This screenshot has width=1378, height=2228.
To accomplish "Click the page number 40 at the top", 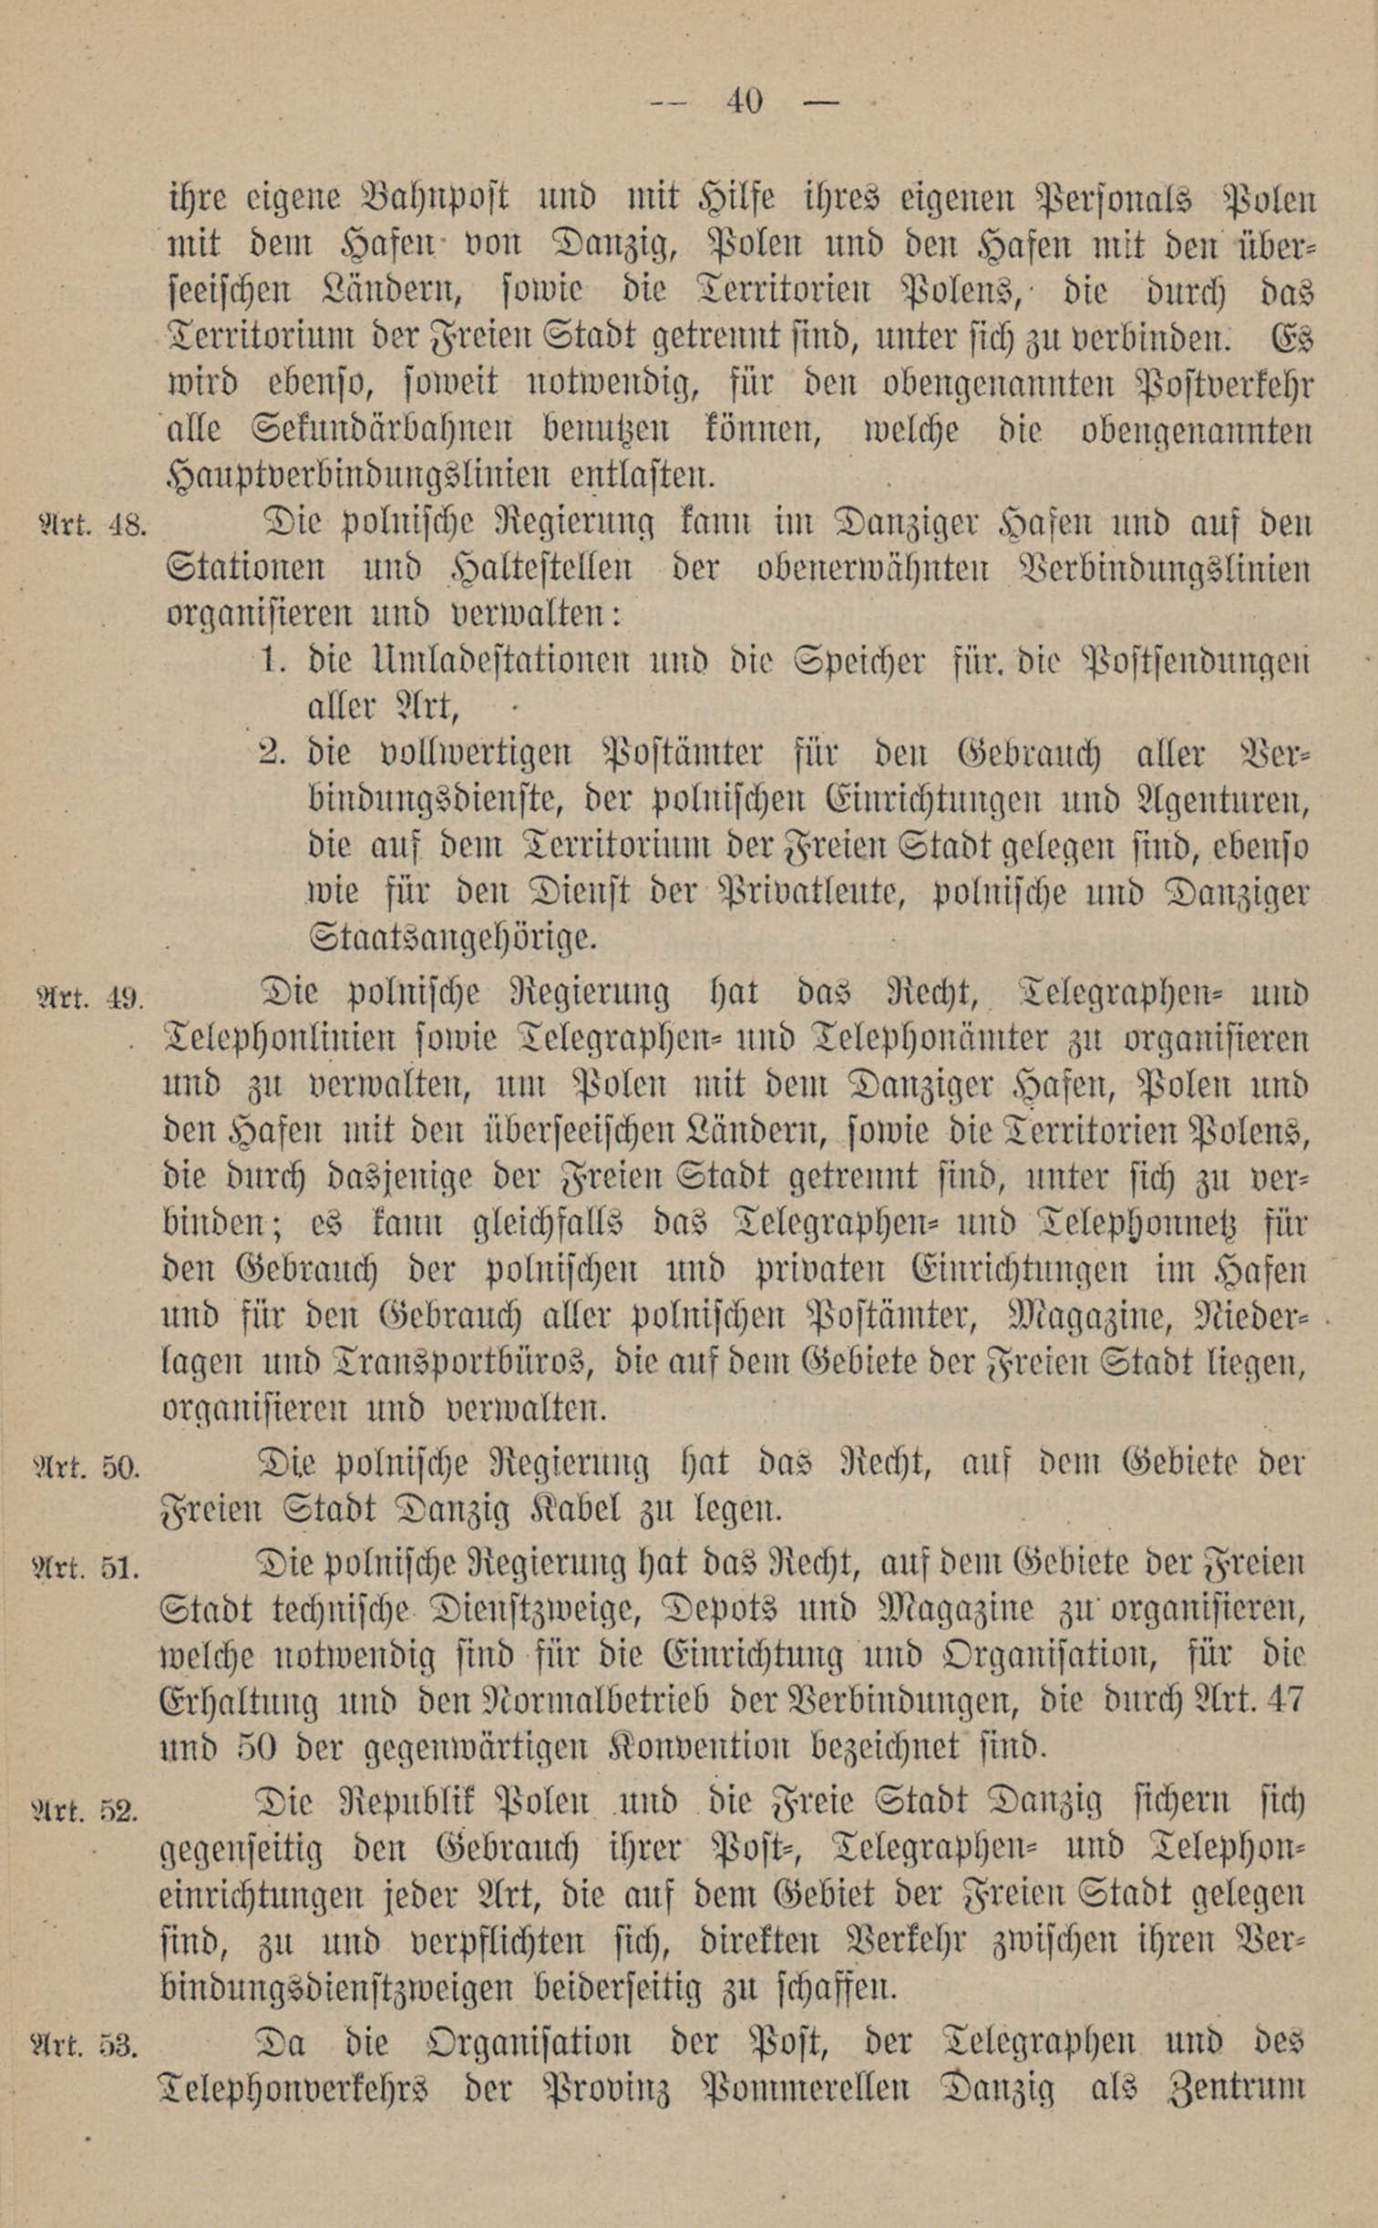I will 744,100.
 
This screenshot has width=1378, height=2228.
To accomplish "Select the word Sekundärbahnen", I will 342,428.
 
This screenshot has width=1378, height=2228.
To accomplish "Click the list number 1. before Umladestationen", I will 271,659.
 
